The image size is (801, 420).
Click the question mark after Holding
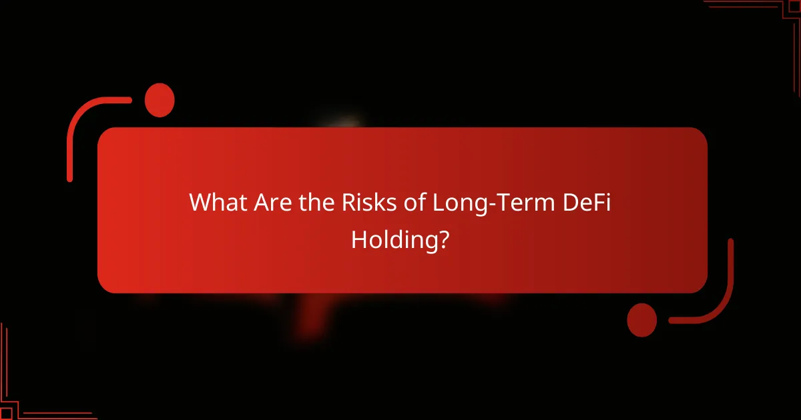pos(443,238)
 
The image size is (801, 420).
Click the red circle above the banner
pos(159,100)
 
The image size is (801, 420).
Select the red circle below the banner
pos(642,319)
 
